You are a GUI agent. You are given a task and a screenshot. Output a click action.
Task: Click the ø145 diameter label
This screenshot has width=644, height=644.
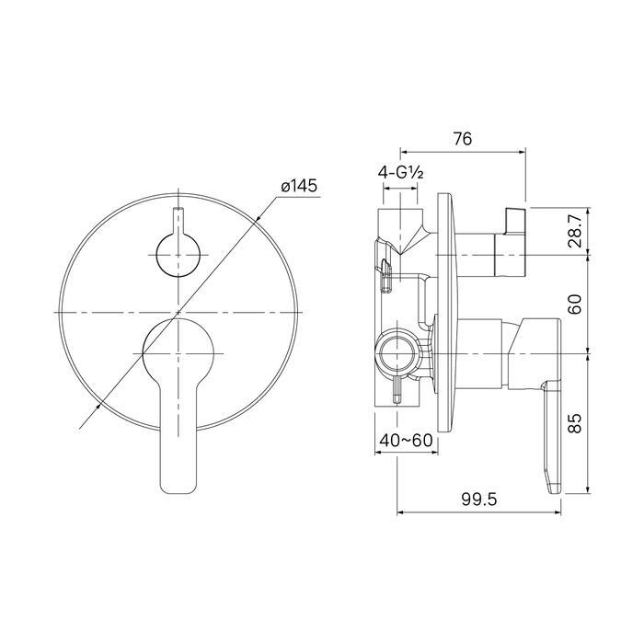point(299,187)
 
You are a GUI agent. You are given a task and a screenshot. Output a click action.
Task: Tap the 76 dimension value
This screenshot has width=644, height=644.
point(463,139)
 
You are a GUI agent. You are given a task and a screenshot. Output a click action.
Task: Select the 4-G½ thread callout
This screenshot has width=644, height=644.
point(400,173)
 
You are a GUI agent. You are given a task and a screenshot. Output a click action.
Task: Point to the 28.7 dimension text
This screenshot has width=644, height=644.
point(575,232)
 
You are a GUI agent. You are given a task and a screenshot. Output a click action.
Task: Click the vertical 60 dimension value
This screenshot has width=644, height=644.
point(575,304)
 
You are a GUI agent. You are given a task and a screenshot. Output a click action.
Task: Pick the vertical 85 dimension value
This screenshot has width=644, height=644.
point(575,423)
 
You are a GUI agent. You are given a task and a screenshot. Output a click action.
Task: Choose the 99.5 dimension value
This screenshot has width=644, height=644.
point(479,500)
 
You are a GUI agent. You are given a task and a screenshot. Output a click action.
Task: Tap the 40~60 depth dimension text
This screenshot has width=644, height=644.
point(406,441)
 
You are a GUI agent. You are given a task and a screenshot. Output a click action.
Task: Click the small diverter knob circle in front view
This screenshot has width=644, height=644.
point(178,255)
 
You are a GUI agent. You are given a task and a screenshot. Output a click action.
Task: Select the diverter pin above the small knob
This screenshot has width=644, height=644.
point(178,221)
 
